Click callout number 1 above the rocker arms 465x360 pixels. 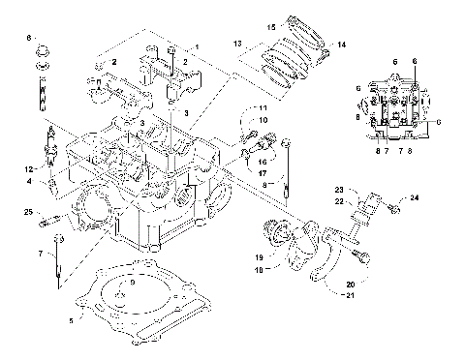coord(196,47)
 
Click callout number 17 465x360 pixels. coord(263,173)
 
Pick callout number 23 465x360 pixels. coord(340,189)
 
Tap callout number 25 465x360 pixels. coord(29,211)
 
